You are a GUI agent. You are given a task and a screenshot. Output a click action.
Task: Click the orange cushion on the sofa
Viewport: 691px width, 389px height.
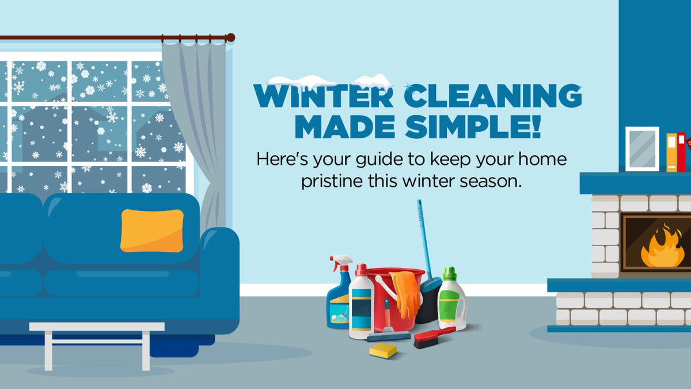pos(152,231)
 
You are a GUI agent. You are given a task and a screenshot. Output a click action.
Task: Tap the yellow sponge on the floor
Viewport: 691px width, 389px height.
pos(383,350)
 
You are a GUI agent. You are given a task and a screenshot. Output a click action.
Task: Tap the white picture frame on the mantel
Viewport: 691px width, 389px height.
pos(642,149)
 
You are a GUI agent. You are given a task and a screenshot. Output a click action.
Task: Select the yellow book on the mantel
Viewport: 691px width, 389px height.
pos(671,152)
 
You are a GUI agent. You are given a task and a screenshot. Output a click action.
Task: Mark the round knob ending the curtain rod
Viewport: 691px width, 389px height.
pos(230,37)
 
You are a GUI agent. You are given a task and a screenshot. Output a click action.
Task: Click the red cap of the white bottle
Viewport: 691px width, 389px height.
pos(361,270)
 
